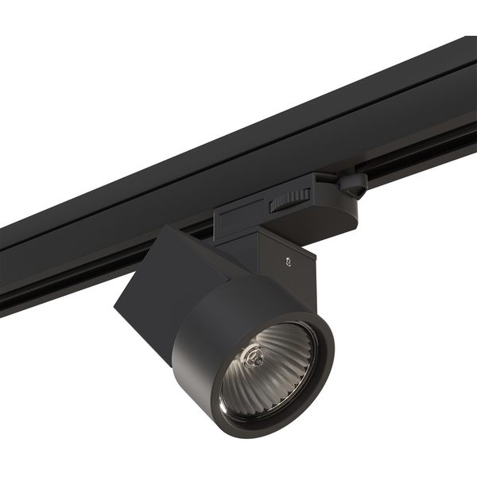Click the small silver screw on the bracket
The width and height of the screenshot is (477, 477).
tap(288, 258)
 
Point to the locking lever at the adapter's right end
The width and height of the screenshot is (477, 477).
tap(351, 185)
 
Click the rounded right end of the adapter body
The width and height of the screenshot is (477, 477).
tap(342, 215)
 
